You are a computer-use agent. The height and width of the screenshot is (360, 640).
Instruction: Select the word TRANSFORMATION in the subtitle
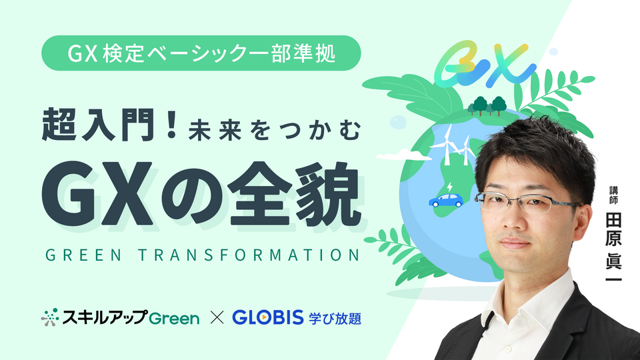click(x=254, y=256)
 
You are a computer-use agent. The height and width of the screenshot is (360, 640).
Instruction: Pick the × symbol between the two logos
click(x=215, y=317)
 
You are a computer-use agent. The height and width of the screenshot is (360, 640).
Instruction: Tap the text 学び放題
click(x=335, y=317)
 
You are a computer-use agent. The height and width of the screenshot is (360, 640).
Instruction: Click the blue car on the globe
click(x=446, y=199)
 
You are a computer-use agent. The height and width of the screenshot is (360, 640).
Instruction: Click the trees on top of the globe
click(x=487, y=105)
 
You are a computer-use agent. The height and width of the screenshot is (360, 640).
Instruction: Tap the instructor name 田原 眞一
click(x=613, y=247)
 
